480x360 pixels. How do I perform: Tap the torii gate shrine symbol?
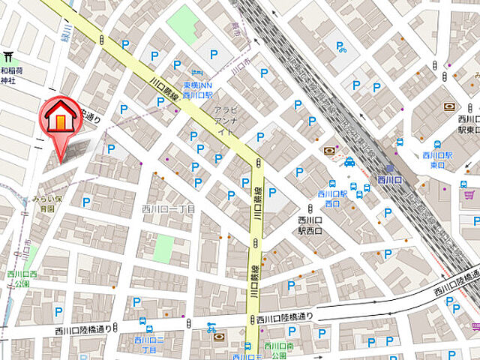tap(8, 56)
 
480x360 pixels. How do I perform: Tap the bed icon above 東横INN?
tap(196, 73)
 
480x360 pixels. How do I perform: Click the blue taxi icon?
tap(349, 161)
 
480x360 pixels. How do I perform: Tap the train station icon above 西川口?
tap(391, 169)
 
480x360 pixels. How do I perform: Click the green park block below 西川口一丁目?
tap(163, 248)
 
